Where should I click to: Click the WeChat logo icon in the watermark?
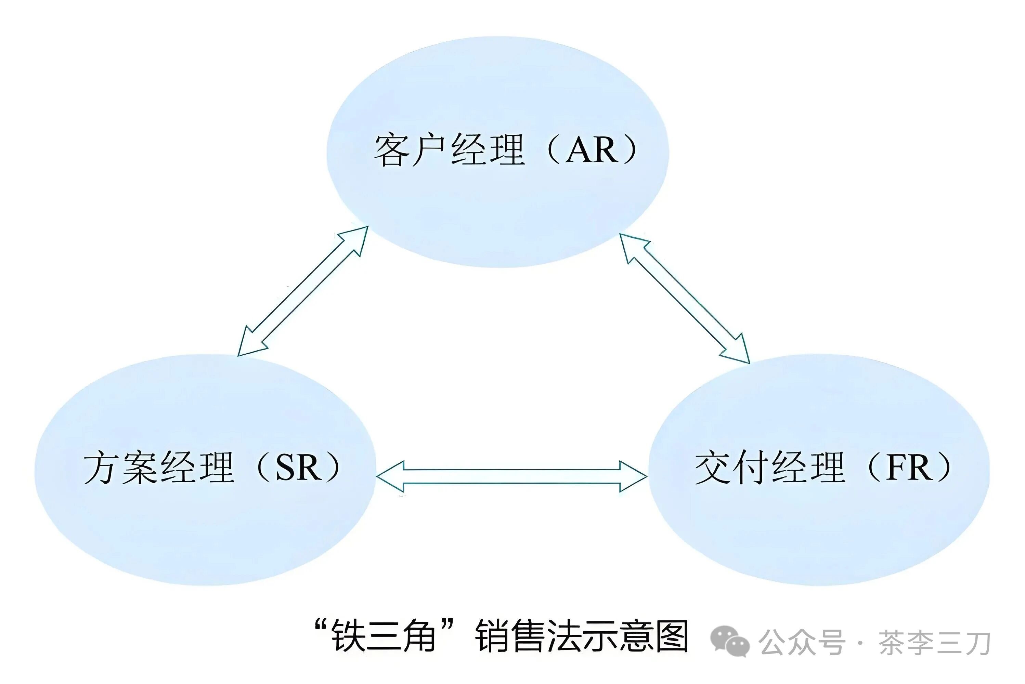tap(730, 642)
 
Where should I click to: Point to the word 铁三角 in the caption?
tap(384, 636)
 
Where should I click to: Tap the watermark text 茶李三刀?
tap(934, 643)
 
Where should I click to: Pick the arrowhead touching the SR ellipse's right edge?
tap(390, 476)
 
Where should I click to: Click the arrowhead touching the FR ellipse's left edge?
tap(634, 476)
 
